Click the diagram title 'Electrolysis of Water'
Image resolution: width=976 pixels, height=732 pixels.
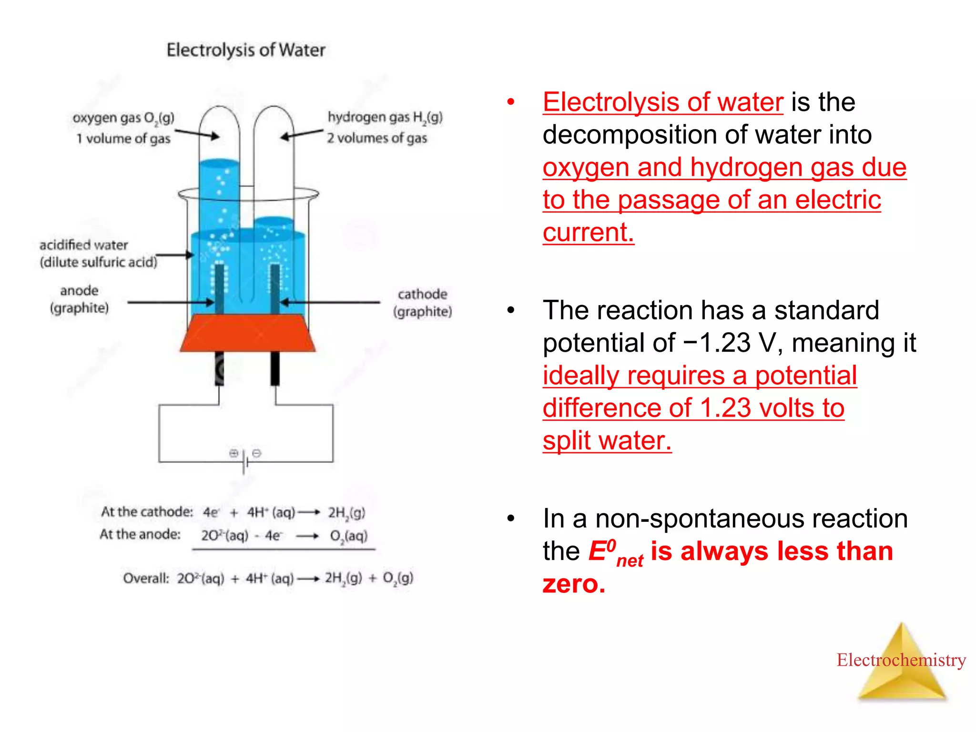(x=246, y=50)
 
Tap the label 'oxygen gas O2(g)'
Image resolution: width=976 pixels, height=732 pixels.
(x=123, y=118)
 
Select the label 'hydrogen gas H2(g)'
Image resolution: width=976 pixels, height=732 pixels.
(x=385, y=117)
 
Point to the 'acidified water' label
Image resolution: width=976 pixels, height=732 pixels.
(x=84, y=245)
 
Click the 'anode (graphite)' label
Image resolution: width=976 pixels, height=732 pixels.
(x=80, y=299)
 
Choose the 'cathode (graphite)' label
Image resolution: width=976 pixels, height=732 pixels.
(x=422, y=303)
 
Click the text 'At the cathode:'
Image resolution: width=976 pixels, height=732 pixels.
(x=147, y=512)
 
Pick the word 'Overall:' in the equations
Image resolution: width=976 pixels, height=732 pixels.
(x=146, y=578)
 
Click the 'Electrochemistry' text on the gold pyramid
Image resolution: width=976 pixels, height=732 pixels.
(x=901, y=660)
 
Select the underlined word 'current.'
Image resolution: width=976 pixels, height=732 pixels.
(x=588, y=232)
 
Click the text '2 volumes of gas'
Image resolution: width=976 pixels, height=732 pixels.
(x=377, y=138)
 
